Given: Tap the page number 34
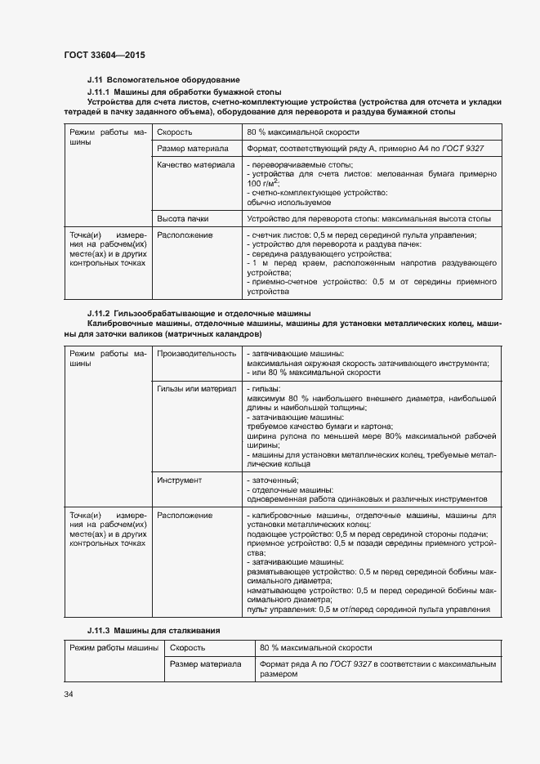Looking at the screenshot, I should pos(69,694).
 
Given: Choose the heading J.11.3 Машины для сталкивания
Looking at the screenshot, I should pos(154,631).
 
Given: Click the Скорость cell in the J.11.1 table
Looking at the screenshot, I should pos(175,132).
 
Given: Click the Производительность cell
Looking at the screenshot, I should pos(196,353).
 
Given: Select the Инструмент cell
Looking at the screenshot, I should pos(179,480).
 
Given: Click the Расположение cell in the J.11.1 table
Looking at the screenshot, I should pos(185,235).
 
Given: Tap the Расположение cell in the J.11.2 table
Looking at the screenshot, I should pos(185,516).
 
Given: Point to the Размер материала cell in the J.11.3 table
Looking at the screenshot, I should pos(205,664).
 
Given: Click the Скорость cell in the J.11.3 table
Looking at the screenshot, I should pos(186,647).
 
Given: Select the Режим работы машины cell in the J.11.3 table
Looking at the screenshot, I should pos(114,647).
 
